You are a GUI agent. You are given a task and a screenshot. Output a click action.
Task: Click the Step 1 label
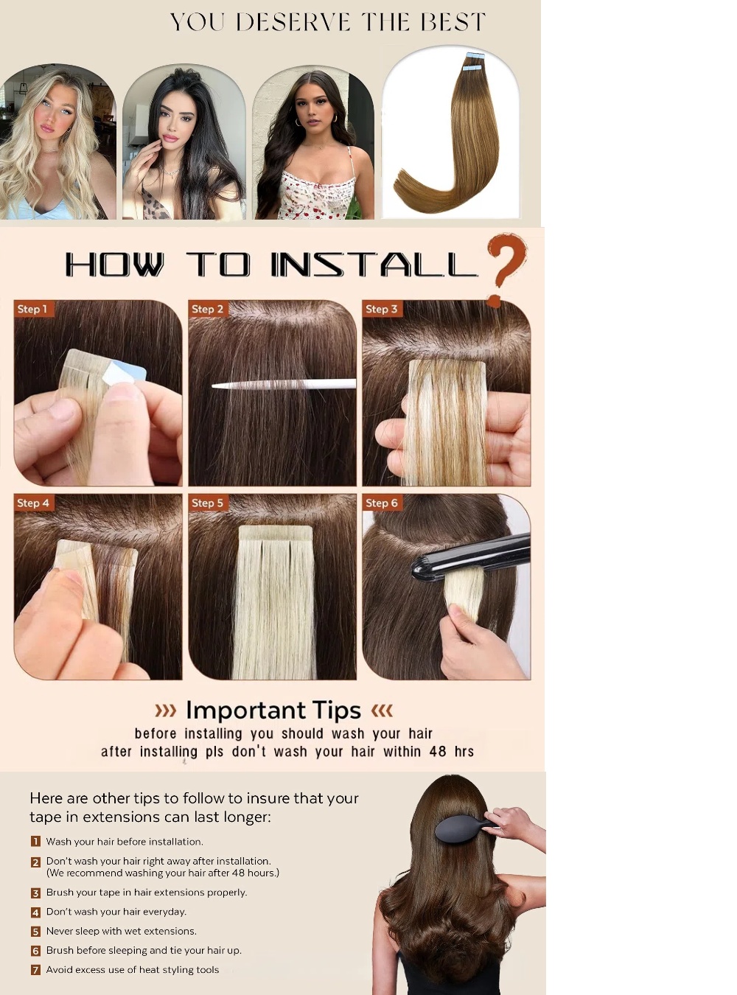(32, 309)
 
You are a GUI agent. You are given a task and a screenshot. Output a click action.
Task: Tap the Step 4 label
(33, 503)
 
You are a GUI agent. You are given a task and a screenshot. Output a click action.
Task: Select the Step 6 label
(382, 503)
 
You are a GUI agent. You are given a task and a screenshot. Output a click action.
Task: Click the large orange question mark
(507, 269)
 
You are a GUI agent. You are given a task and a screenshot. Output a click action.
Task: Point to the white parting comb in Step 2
(284, 384)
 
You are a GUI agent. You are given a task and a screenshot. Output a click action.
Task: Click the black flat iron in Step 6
(471, 554)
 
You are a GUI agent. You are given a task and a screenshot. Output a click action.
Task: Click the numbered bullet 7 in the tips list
(36, 970)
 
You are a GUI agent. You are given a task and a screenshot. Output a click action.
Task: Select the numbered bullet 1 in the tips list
(36, 841)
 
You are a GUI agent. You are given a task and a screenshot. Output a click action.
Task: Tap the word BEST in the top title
(453, 22)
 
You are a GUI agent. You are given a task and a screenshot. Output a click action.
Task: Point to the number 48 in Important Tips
(437, 751)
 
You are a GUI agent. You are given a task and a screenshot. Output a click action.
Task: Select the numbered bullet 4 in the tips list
(36, 912)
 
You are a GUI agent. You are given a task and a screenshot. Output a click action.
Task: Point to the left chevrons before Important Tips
(165, 711)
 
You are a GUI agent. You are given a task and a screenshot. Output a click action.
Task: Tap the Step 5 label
(207, 503)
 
